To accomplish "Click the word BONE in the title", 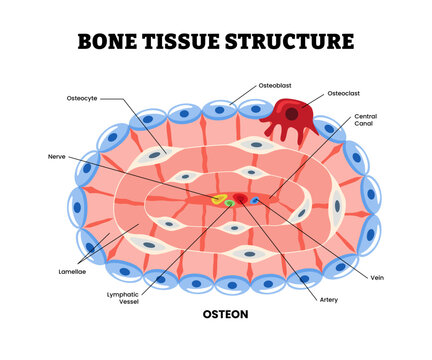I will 109,42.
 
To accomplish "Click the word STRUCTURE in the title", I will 295,42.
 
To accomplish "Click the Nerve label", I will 56,157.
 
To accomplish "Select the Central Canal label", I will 366,122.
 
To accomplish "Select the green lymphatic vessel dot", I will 229,203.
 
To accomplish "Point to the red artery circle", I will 240,199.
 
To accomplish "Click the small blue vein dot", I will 254,200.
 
